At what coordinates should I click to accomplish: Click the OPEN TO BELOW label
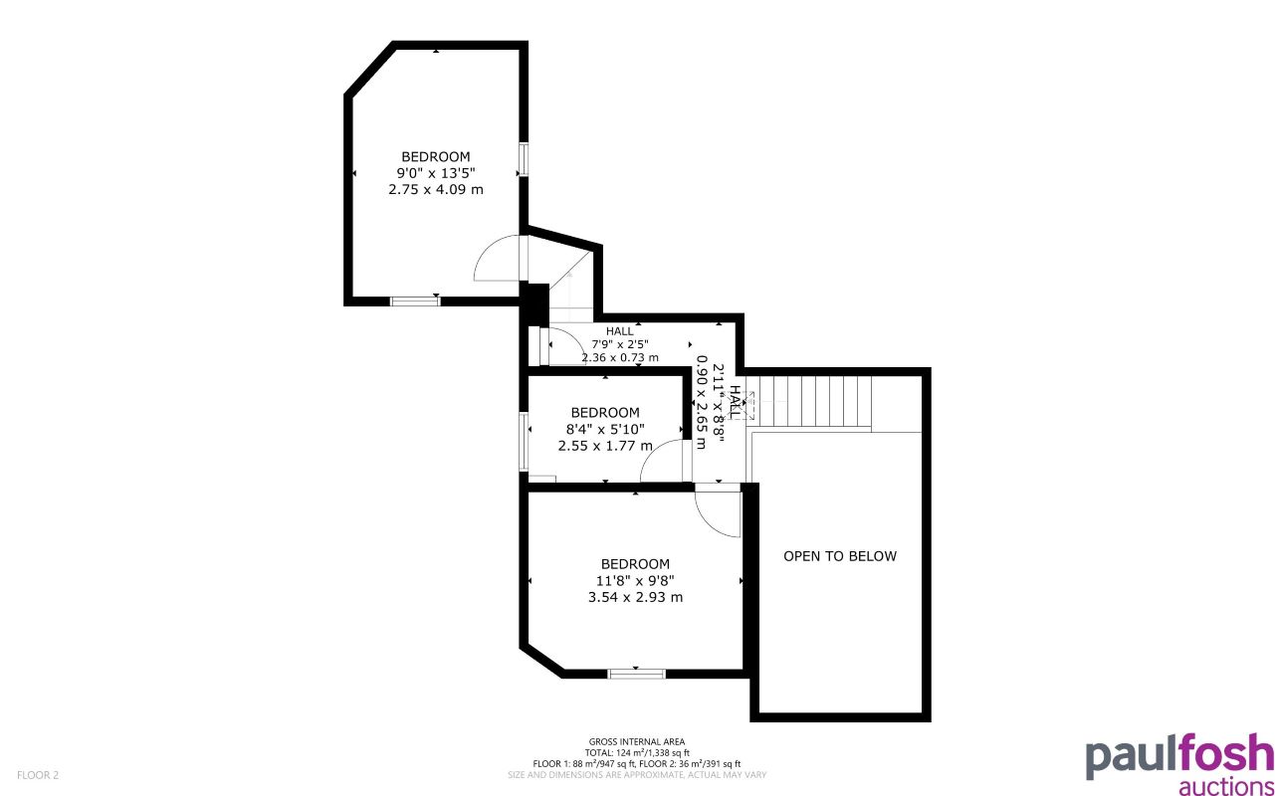point(839,556)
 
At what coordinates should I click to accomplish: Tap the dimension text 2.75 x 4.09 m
point(436,189)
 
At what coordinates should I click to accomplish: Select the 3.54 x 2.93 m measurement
point(635,597)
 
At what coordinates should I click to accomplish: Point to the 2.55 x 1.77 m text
point(605,446)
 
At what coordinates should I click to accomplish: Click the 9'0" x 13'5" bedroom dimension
point(436,172)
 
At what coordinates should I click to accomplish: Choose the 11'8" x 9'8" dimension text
point(635,580)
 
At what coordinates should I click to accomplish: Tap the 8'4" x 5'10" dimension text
point(605,429)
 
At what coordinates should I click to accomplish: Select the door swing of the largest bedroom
point(498,261)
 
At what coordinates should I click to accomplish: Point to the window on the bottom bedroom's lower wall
point(636,674)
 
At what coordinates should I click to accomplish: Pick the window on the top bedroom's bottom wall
point(415,300)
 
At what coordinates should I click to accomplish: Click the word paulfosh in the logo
point(1179,757)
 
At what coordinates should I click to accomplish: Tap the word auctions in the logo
point(1225,787)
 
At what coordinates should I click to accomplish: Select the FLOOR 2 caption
point(39,774)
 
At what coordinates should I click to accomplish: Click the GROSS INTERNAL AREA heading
point(637,741)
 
